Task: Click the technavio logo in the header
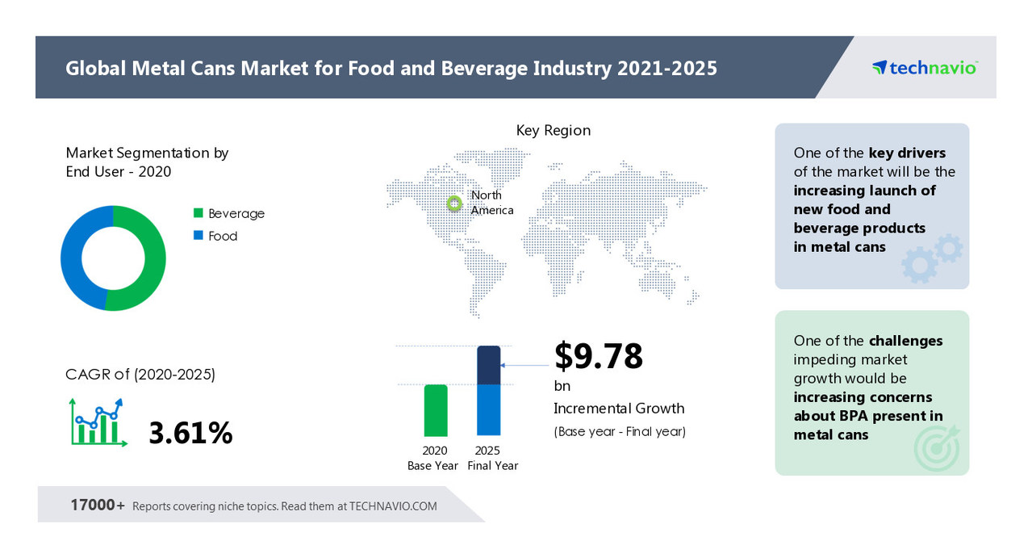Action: tap(925, 68)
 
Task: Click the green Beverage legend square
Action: tap(198, 213)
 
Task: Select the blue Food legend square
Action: tap(198, 236)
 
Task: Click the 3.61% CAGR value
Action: tap(190, 434)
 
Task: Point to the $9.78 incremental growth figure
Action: tap(598, 356)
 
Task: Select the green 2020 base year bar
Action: tap(436, 410)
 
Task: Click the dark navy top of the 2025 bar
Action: tap(489, 364)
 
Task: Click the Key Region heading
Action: tap(553, 130)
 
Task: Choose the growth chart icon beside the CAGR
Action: tap(97, 422)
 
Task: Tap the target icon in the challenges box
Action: tap(937, 447)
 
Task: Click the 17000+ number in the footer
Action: tap(98, 505)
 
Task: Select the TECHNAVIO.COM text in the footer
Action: tap(393, 506)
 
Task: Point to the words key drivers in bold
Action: tap(907, 153)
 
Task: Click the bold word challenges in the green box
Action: tap(905, 341)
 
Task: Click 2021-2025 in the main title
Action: tap(667, 68)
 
